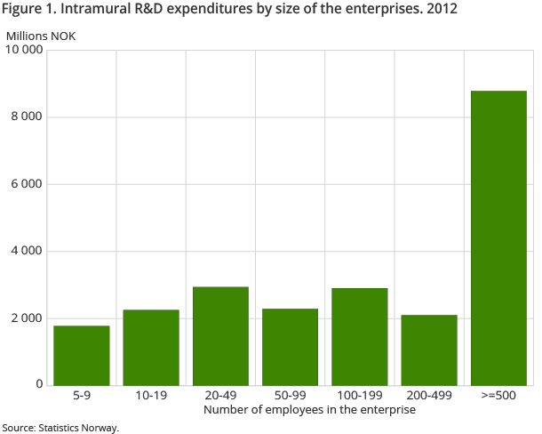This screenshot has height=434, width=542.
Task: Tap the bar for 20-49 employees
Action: click(220, 335)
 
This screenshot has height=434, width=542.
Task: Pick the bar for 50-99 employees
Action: click(290, 346)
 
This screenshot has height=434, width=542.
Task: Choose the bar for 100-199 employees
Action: click(360, 336)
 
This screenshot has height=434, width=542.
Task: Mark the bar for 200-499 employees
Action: click(429, 350)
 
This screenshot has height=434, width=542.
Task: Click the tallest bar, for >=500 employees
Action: click(498, 237)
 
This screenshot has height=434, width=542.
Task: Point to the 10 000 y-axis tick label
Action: click(24, 50)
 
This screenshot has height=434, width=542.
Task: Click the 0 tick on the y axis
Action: click(39, 384)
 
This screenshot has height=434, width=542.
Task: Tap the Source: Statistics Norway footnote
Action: click(60, 428)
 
